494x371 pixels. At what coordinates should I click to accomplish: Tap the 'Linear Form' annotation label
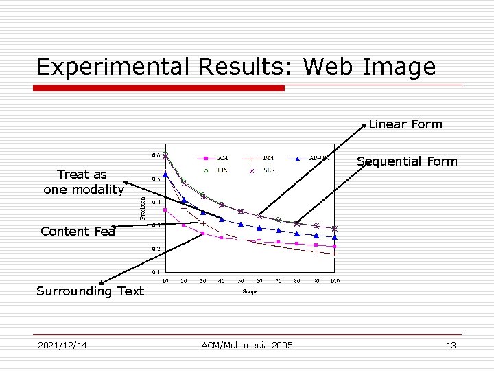pos(405,124)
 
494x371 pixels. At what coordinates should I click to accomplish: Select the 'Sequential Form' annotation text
pos(407,161)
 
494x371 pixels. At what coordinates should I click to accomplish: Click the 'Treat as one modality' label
pos(83,182)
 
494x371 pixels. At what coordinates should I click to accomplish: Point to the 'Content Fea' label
pos(78,232)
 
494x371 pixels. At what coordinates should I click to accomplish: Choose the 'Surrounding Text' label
pos(90,291)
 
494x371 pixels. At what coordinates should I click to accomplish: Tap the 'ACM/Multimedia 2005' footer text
pos(247,345)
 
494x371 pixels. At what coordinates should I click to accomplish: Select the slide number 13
pos(451,345)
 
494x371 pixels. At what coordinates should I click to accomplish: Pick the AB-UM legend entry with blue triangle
pos(312,158)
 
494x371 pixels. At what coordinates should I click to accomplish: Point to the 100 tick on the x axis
pos(335,281)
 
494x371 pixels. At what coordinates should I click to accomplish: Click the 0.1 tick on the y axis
pos(156,272)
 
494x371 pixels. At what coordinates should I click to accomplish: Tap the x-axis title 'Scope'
pos(250,291)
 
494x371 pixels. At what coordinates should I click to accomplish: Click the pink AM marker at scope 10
pos(165,210)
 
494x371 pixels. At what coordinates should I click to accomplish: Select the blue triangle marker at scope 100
pos(335,237)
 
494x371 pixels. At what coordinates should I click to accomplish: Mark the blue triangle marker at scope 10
pos(165,175)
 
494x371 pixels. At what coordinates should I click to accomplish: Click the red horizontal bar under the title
pos(159,88)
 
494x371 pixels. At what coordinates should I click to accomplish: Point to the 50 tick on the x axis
pos(241,281)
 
